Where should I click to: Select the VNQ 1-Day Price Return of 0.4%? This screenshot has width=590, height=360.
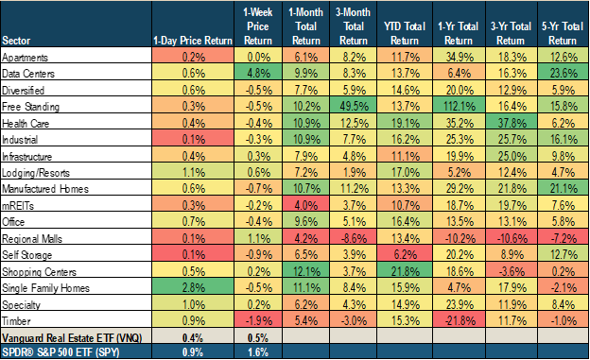[x=186, y=336]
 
